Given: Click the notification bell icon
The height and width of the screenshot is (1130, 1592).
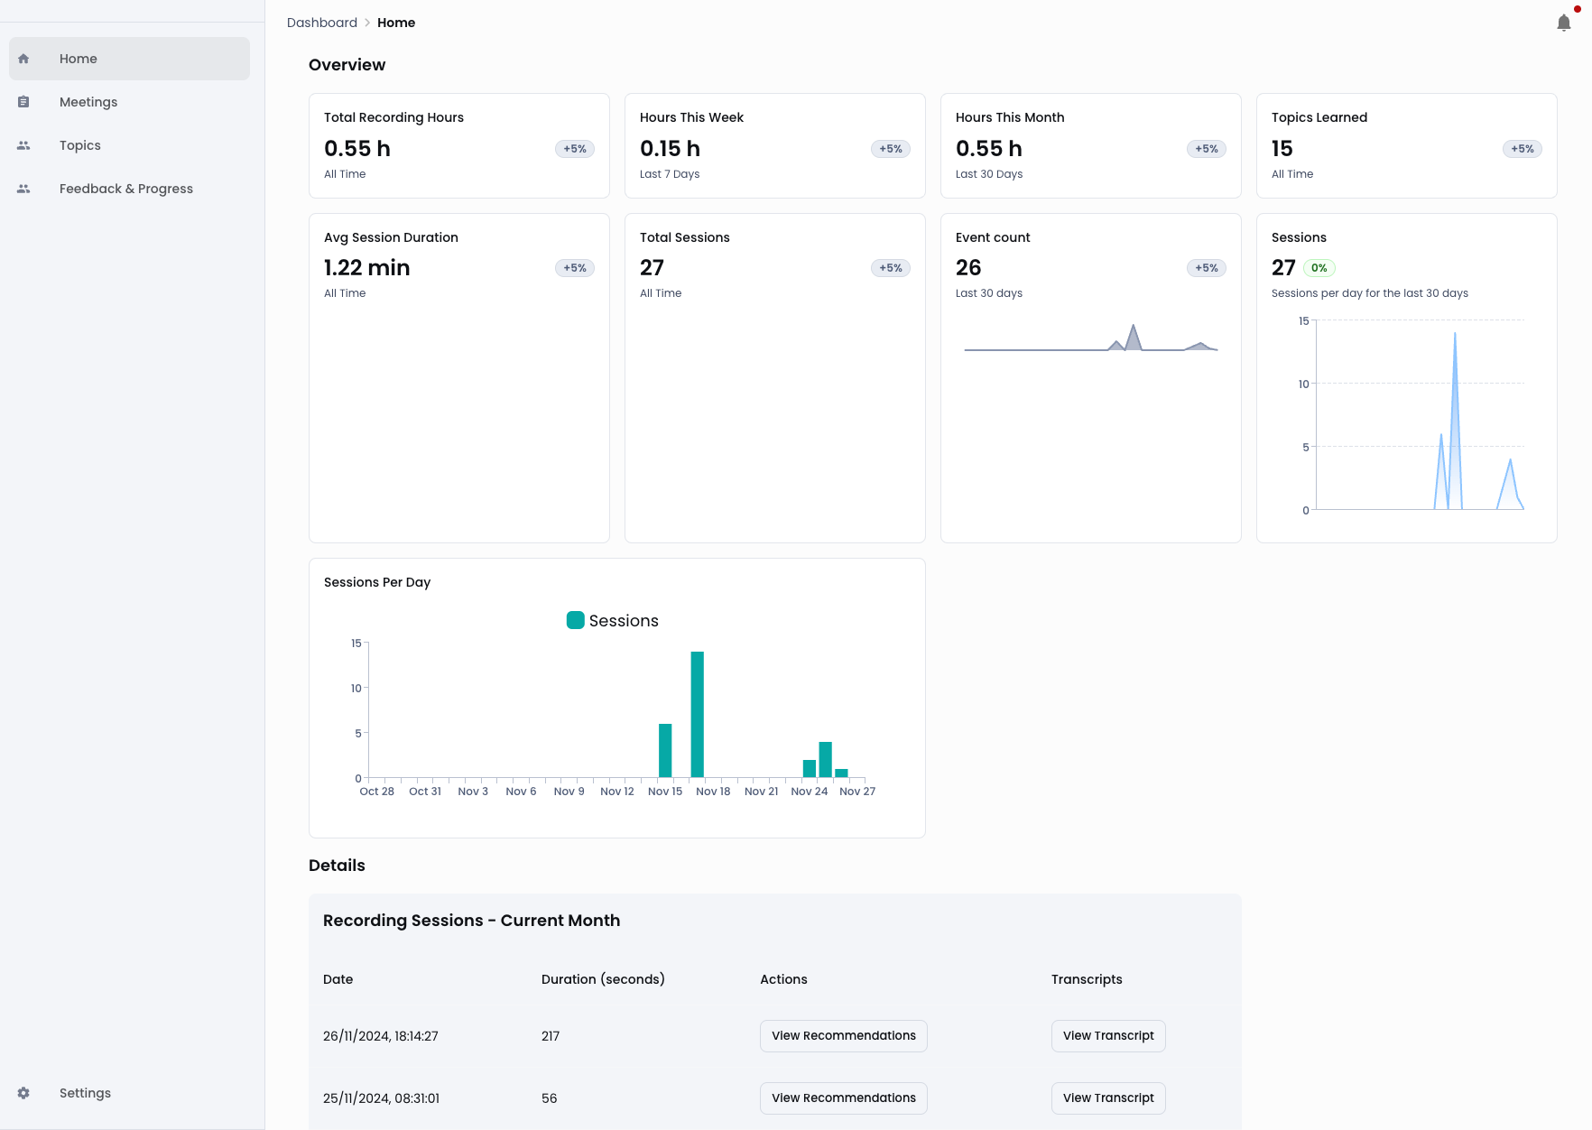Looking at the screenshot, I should click(1564, 23).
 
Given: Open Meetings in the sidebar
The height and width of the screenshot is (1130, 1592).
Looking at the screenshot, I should click(88, 102).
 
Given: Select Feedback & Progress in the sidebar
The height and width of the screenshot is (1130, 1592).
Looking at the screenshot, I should click(126, 189).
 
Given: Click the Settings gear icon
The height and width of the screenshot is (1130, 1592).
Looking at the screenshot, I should click(23, 1093).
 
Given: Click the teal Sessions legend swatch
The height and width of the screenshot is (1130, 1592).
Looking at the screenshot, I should click(575, 620).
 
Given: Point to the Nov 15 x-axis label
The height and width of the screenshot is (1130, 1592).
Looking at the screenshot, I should click(665, 792).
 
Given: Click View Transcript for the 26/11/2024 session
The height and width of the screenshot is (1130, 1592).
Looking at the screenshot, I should click(1108, 1036).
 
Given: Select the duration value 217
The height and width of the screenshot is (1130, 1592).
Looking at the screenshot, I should click(551, 1036).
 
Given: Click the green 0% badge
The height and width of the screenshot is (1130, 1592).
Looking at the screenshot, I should click(1319, 268).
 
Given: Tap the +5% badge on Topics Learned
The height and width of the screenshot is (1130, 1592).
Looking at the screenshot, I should click(1522, 149).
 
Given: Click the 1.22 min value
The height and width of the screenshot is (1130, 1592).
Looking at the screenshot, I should click(366, 268).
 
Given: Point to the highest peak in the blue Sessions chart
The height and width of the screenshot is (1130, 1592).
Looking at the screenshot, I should click(1455, 336).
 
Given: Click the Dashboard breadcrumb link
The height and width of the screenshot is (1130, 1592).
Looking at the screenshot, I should click(322, 23).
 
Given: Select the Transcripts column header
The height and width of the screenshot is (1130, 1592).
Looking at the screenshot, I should click(1087, 979).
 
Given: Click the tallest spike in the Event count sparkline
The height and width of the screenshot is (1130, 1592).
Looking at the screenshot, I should click(1134, 328).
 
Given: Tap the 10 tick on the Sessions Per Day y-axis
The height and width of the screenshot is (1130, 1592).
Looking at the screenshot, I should click(356, 689).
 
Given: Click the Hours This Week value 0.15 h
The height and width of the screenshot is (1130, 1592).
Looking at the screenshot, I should click(670, 149).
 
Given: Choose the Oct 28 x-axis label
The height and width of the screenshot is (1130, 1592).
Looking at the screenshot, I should click(376, 792).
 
